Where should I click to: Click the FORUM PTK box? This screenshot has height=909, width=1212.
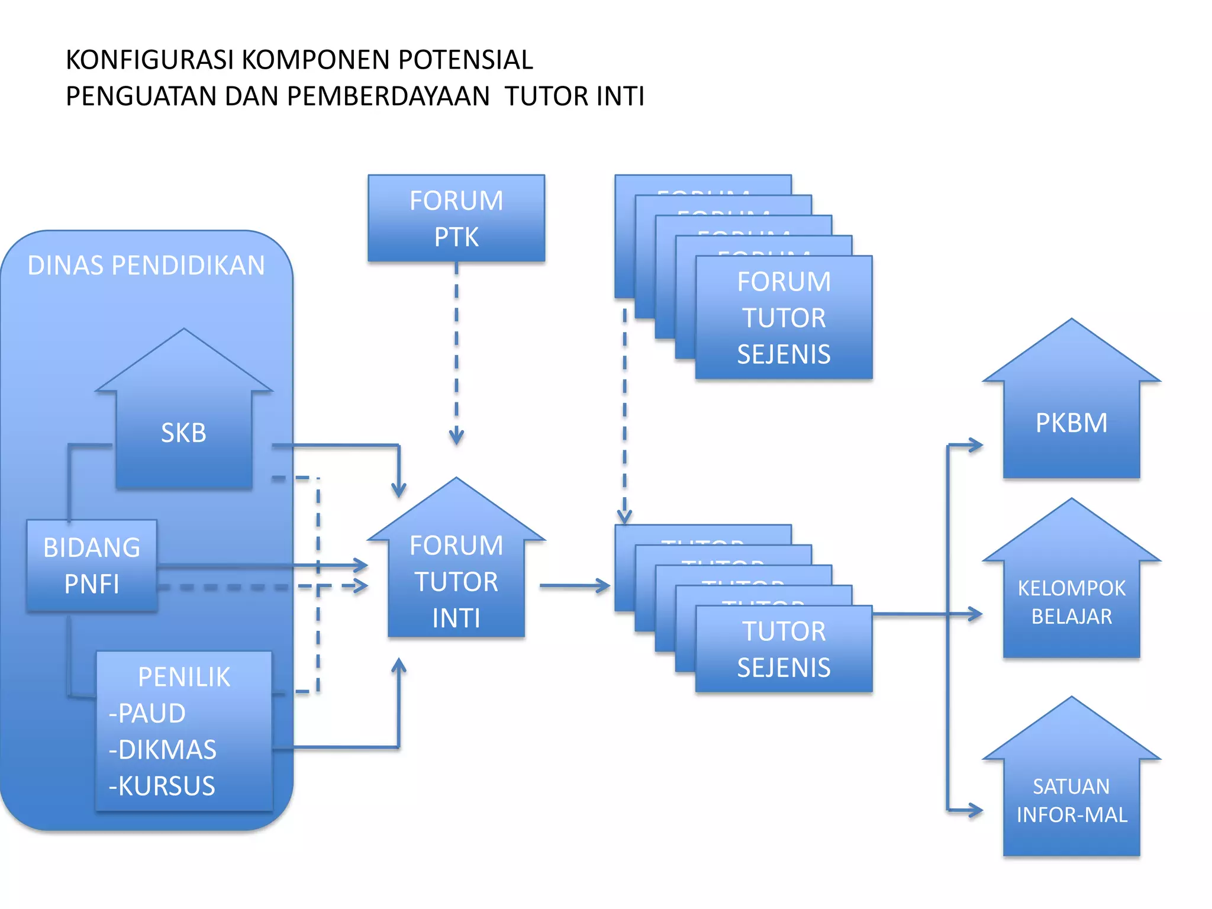[x=456, y=218]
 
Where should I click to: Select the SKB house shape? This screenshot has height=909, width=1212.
[x=183, y=432]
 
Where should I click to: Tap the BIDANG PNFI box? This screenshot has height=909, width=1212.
[x=92, y=565]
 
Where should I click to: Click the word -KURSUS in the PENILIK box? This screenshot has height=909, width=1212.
[x=162, y=786]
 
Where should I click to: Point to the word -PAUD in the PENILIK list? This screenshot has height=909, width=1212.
[x=147, y=713]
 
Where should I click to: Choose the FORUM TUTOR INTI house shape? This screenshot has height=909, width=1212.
[x=456, y=580]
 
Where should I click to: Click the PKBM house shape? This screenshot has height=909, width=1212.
[x=1071, y=423]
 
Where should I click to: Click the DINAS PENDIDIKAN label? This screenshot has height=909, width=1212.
[x=146, y=265]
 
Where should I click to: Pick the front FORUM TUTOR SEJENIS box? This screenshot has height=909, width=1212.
[x=784, y=318]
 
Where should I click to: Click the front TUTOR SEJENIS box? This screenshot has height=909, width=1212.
[x=784, y=649]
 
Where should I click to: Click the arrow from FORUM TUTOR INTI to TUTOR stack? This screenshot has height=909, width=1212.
[x=574, y=586]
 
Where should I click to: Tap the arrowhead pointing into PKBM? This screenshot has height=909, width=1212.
[x=975, y=445]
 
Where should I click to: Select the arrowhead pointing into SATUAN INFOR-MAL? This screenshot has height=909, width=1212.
[x=975, y=810]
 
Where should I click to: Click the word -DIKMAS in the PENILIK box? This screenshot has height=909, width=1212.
[x=162, y=750]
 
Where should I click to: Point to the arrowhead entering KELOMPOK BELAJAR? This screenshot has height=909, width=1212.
[x=975, y=614]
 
